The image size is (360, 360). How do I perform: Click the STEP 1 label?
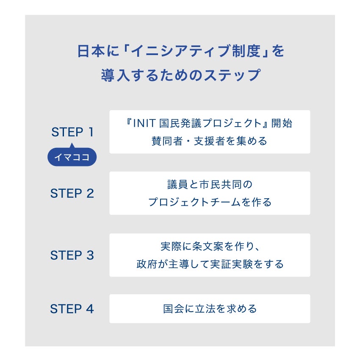click(x=72, y=132)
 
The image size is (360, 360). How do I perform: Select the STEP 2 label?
click(x=72, y=194)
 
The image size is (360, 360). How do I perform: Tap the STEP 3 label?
click(x=72, y=255)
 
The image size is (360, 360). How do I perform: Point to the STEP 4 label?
click(x=72, y=309)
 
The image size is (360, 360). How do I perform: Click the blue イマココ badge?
click(x=72, y=158)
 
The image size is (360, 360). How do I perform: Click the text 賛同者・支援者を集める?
click(x=210, y=141)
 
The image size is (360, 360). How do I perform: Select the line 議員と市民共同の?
click(x=210, y=185)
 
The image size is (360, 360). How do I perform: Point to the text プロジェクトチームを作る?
click(x=210, y=202)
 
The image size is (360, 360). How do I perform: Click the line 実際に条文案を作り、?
click(x=210, y=247)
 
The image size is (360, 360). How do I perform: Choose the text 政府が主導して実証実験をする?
click(x=210, y=264)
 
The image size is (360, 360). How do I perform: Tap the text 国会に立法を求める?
click(x=210, y=309)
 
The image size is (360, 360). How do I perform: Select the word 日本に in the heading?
click(x=91, y=52)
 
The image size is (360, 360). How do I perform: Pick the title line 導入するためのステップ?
click(x=180, y=75)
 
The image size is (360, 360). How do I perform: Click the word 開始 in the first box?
click(x=282, y=124)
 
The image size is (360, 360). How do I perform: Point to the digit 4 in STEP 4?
click(x=89, y=309)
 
